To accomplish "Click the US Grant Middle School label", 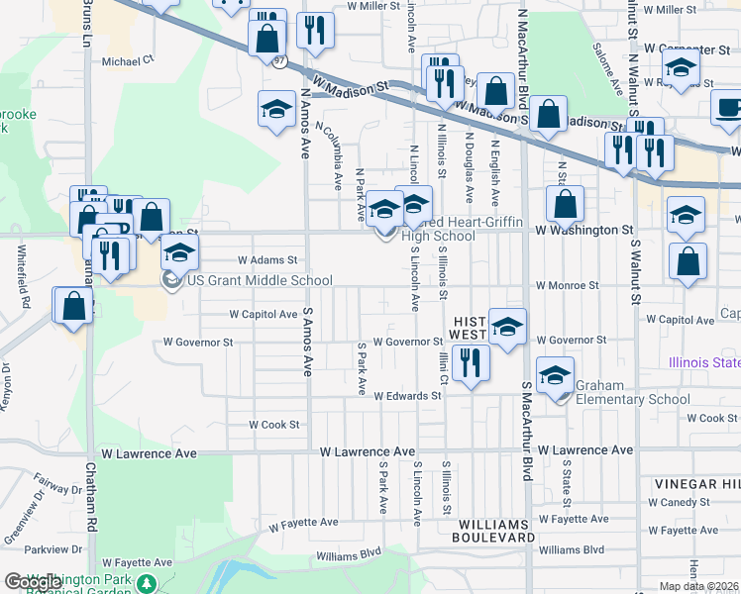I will click(x=260, y=281).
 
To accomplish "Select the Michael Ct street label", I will click(x=129, y=60).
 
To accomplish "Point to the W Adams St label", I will click(x=267, y=260).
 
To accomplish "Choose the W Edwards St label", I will click(x=407, y=396).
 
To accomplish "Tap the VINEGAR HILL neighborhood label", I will click(x=696, y=484).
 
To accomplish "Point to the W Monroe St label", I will click(x=567, y=285).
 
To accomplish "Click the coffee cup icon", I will click(x=729, y=110).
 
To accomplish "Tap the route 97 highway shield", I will click(x=281, y=60).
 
